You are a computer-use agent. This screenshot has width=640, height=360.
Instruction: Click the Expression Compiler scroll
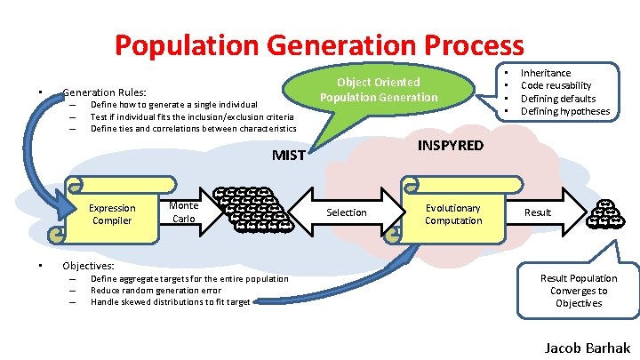[x=111, y=214]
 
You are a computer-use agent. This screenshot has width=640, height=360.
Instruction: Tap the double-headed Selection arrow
[x=347, y=212]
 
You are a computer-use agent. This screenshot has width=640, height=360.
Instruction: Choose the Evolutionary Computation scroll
[x=452, y=214]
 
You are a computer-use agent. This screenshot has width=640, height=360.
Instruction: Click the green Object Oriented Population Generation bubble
[x=379, y=90]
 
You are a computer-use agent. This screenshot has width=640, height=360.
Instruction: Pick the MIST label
[x=288, y=156]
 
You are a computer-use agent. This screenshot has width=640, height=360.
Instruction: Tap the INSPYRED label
[x=451, y=145]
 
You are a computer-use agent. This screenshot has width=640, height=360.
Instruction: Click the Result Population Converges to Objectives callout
[x=579, y=291]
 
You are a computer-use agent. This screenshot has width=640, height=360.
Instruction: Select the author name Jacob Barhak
[x=586, y=347]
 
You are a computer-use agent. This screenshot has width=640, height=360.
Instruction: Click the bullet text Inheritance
[x=546, y=73]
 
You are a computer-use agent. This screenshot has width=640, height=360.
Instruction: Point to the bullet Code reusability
[x=556, y=85]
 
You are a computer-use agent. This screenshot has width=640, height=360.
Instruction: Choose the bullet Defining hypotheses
[x=565, y=111]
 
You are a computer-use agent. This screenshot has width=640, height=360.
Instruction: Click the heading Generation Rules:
[x=104, y=92]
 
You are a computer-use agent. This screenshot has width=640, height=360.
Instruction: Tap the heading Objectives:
[x=88, y=265]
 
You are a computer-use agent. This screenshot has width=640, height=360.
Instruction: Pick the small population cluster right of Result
[x=609, y=213]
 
